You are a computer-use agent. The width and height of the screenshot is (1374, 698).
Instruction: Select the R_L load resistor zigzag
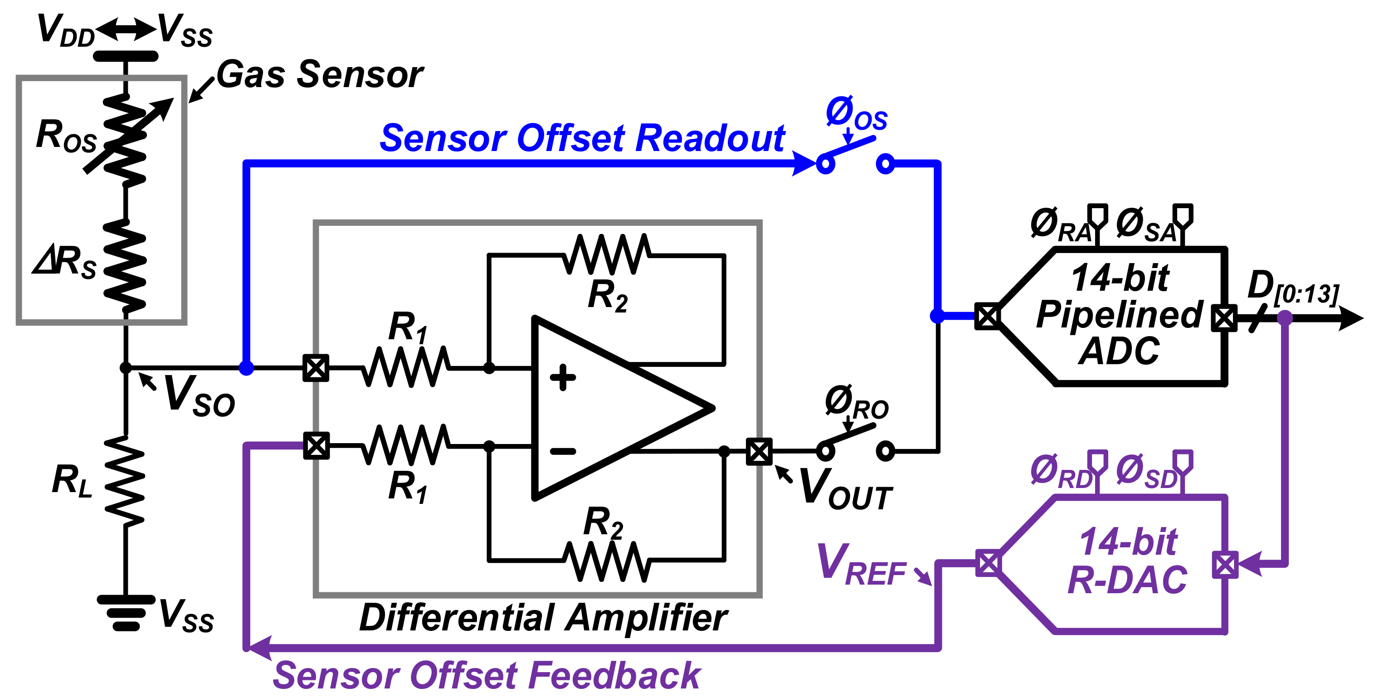(x=125, y=480)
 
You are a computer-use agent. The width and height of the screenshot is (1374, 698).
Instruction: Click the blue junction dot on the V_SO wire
(x=246, y=368)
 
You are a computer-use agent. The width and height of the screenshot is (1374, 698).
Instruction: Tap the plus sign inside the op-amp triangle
(x=563, y=378)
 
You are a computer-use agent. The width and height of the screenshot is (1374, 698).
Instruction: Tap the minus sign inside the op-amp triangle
(x=563, y=451)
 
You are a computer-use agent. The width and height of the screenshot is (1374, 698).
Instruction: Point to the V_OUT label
(x=845, y=488)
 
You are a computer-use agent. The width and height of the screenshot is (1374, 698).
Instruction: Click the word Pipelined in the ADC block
(x=1119, y=315)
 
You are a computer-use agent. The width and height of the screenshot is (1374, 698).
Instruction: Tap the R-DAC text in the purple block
(x=1127, y=580)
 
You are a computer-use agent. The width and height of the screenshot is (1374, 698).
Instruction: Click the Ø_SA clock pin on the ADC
(x=1183, y=216)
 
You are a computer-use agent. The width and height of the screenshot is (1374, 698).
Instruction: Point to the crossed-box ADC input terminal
(x=987, y=317)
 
